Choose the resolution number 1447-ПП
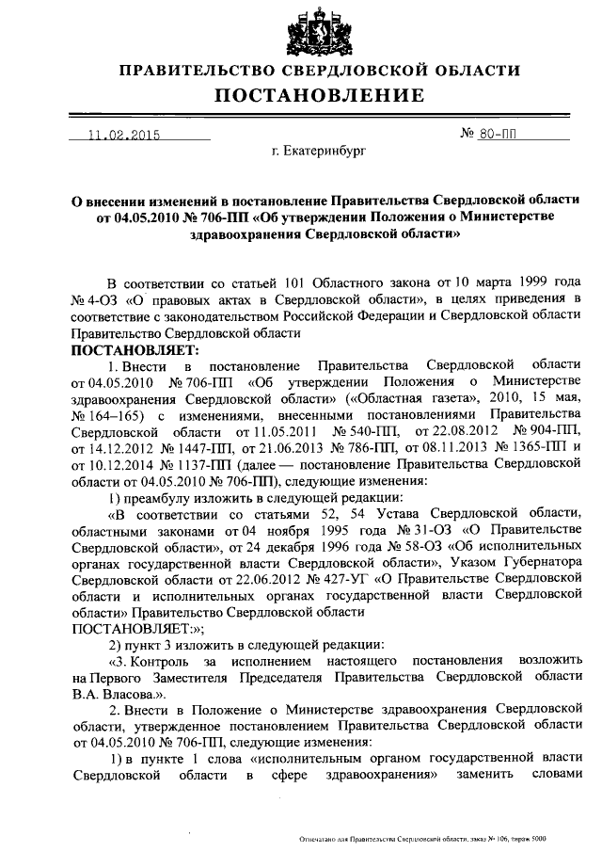(207, 446)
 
